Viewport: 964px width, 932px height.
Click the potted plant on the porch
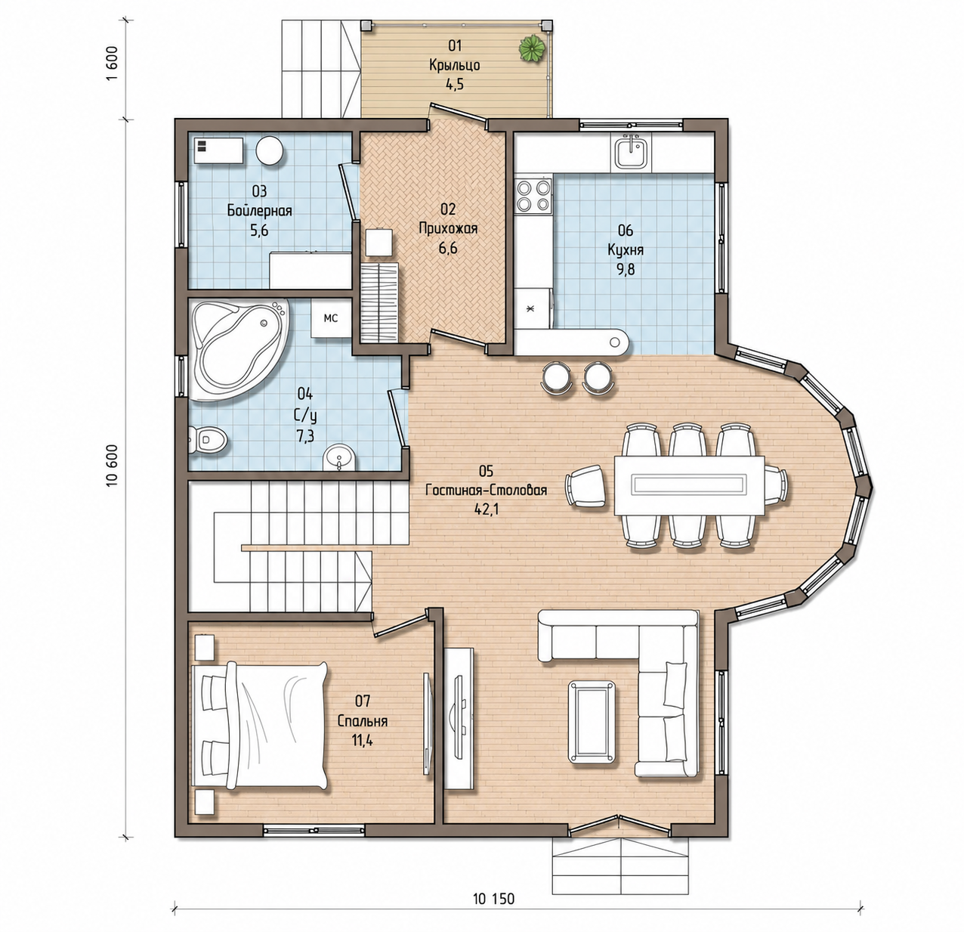(x=532, y=49)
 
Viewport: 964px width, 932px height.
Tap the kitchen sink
(x=631, y=153)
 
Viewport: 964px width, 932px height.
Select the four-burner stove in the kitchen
(x=533, y=196)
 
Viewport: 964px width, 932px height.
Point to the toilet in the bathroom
(x=208, y=439)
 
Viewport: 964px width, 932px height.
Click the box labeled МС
(x=330, y=317)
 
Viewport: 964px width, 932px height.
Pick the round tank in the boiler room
(x=270, y=150)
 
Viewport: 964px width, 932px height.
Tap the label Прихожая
(x=448, y=228)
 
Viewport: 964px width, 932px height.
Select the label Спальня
(x=363, y=721)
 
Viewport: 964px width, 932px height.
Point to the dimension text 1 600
(x=112, y=64)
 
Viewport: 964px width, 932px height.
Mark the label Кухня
(x=626, y=250)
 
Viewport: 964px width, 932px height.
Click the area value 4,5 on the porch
(x=454, y=85)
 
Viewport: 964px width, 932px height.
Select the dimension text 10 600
(x=112, y=465)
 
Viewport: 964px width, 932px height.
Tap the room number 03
(x=259, y=191)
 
